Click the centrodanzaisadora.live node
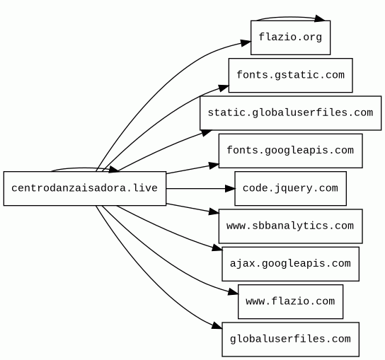tap(85, 188)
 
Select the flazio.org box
tap(290, 37)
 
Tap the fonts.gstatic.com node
tap(290, 76)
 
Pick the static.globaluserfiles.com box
tap(290, 113)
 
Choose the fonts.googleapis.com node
tap(290, 151)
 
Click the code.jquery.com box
tap(290, 188)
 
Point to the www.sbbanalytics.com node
tap(290, 226)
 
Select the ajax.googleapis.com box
tap(290, 264)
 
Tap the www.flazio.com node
tap(290, 301)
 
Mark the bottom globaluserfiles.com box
tap(290, 339)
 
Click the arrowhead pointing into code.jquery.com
tap(230, 188)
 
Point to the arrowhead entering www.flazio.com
tap(234, 292)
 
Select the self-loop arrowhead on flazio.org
tap(320, 18)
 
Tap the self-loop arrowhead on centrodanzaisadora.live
tap(114, 169)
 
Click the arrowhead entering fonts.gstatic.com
tap(224, 88)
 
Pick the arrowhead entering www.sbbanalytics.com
tap(214, 211)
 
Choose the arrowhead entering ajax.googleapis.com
tap(217, 248)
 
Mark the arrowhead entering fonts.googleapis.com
tap(214, 166)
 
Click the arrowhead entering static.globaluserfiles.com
tap(207, 133)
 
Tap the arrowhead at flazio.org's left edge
tap(246, 43)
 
